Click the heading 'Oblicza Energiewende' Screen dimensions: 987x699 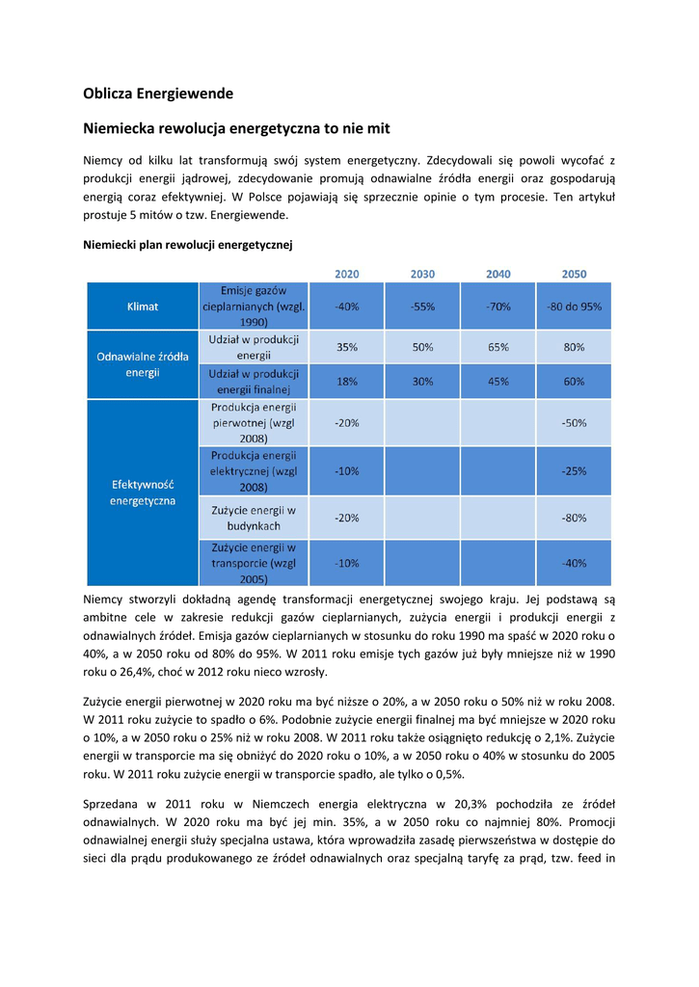(x=158, y=93)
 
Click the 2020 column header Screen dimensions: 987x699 (x=347, y=274)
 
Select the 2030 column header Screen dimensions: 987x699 (x=422, y=274)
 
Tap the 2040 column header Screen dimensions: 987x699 (x=498, y=274)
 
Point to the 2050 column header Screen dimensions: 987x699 (x=574, y=274)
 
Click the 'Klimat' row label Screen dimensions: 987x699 (x=143, y=307)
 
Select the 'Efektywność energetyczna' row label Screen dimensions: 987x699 (x=143, y=493)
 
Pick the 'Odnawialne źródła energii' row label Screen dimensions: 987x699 (x=143, y=364)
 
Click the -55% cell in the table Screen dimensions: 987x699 (x=422, y=307)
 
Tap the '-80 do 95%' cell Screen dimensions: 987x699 (x=574, y=307)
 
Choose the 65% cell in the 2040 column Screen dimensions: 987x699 (x=498, y=347)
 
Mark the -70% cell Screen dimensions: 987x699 (x=498, y=307)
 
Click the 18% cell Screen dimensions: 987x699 (x=347, y=381)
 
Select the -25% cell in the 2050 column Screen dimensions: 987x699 (x=574, y=471)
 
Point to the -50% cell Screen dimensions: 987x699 (x=574, y=423)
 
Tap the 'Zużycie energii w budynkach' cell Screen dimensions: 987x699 (x=253, y=518)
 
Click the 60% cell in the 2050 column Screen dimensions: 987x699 (x=574, y=381)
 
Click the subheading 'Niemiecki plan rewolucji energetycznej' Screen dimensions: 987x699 (x=187, y=245)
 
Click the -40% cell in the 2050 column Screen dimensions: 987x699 (x=574, y=563)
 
